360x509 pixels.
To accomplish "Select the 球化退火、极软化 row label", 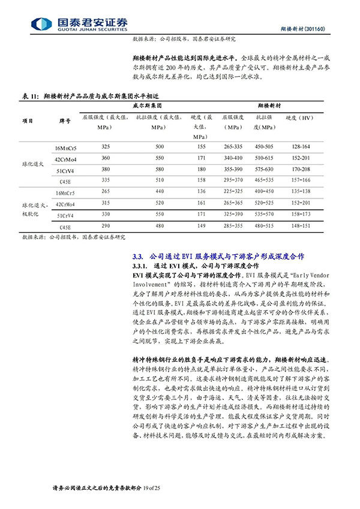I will (x=28, y=208).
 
